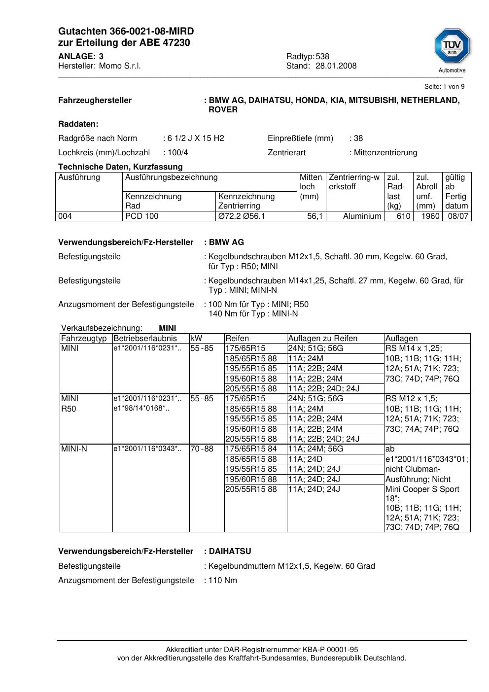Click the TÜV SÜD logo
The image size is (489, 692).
[452, 48]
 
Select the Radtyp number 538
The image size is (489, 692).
[322, 57]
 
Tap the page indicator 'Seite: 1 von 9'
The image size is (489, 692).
[444, 87]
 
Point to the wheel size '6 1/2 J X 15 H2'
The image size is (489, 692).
[196, 138]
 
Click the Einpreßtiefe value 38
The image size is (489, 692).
[358, 138]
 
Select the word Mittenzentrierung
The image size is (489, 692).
[385, 153]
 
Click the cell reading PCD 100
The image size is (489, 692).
[142, 216]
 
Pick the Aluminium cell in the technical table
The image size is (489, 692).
[362, 216]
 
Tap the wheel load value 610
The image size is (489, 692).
[403, 216]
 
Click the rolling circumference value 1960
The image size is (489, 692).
[430, 216]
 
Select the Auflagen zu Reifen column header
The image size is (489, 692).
[323, 339]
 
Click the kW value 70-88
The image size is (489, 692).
[202, 449]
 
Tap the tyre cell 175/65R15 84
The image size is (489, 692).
[251, 449]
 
